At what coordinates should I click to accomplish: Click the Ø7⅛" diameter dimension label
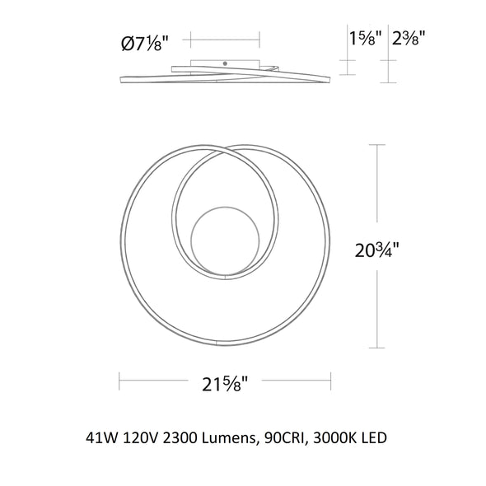[145, 44]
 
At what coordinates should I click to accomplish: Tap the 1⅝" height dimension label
[364, 39]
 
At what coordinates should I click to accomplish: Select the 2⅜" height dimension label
[408, 39]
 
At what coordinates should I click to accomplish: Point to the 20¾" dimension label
[376, 250]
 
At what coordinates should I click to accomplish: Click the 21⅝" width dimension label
[225, 384]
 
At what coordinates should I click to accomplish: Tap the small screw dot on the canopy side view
[226, 63]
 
